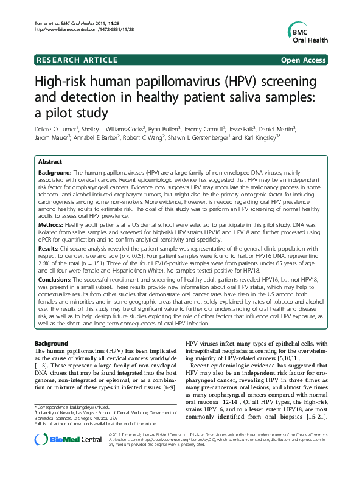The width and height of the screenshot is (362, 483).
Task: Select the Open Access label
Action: (305, 60)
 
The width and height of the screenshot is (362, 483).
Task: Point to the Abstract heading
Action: (49, 162)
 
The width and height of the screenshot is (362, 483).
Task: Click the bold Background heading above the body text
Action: (52, 344)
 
